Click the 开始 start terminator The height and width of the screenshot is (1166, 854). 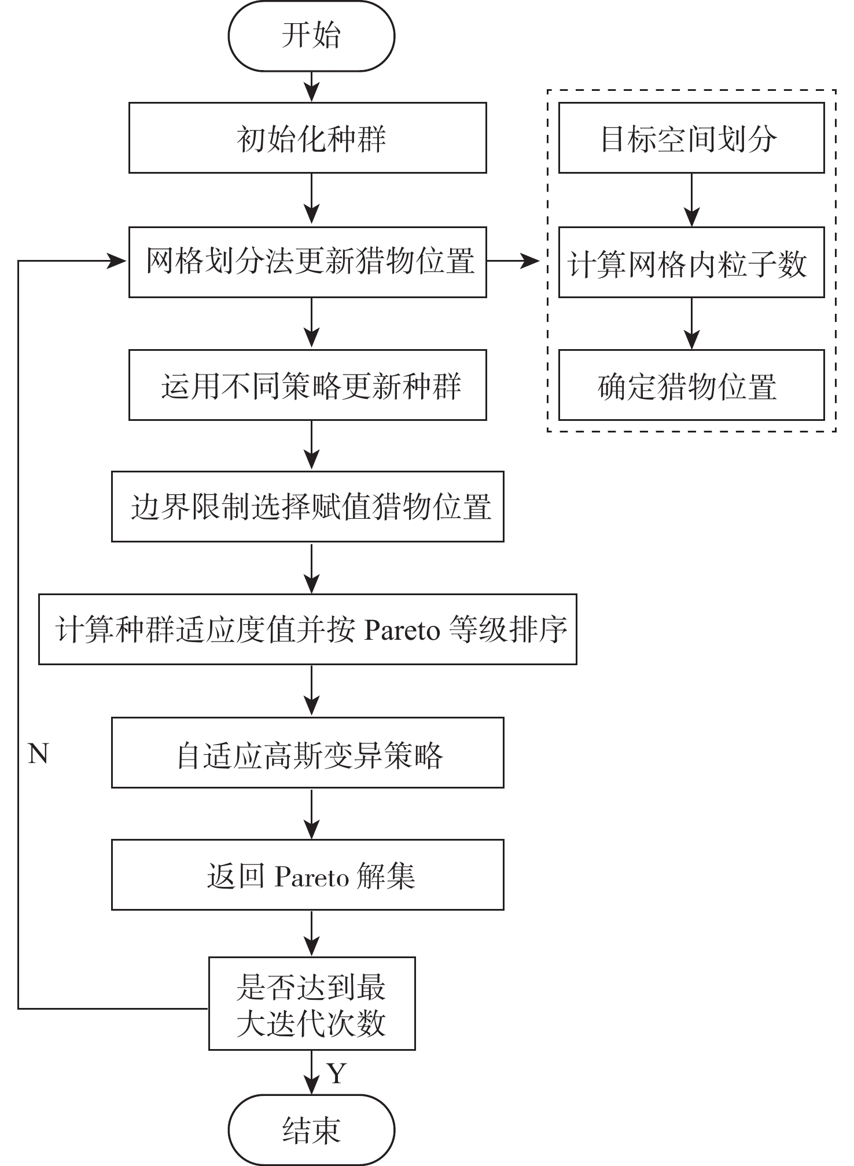(x=311, y=36)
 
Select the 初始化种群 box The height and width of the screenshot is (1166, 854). (x=307, y=138)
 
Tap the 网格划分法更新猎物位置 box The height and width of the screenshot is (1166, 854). (x=307, y=262)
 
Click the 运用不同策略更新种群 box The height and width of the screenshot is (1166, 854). (x=307, y=385)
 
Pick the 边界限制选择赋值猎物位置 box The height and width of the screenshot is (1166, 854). (x=307, y=507)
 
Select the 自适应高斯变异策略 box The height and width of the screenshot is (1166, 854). (x=307, y=753)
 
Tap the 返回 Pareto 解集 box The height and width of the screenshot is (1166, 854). (x=307, y=875)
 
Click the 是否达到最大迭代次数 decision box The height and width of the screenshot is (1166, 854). (x=312, y=1003)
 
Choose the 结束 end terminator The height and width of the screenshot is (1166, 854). (x=311, y=1130)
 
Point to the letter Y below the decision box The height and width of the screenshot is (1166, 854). (x=336, y=1073)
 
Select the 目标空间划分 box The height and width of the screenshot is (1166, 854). (x=691, y=138)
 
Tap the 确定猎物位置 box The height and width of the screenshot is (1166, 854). (x=691, y=385)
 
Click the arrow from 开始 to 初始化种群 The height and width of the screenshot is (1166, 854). (x=312, y=87)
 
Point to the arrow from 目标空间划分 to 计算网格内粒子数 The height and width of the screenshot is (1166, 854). (x=691, y=200)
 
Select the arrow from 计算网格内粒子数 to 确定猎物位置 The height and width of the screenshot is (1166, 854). (x=691, y=324)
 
